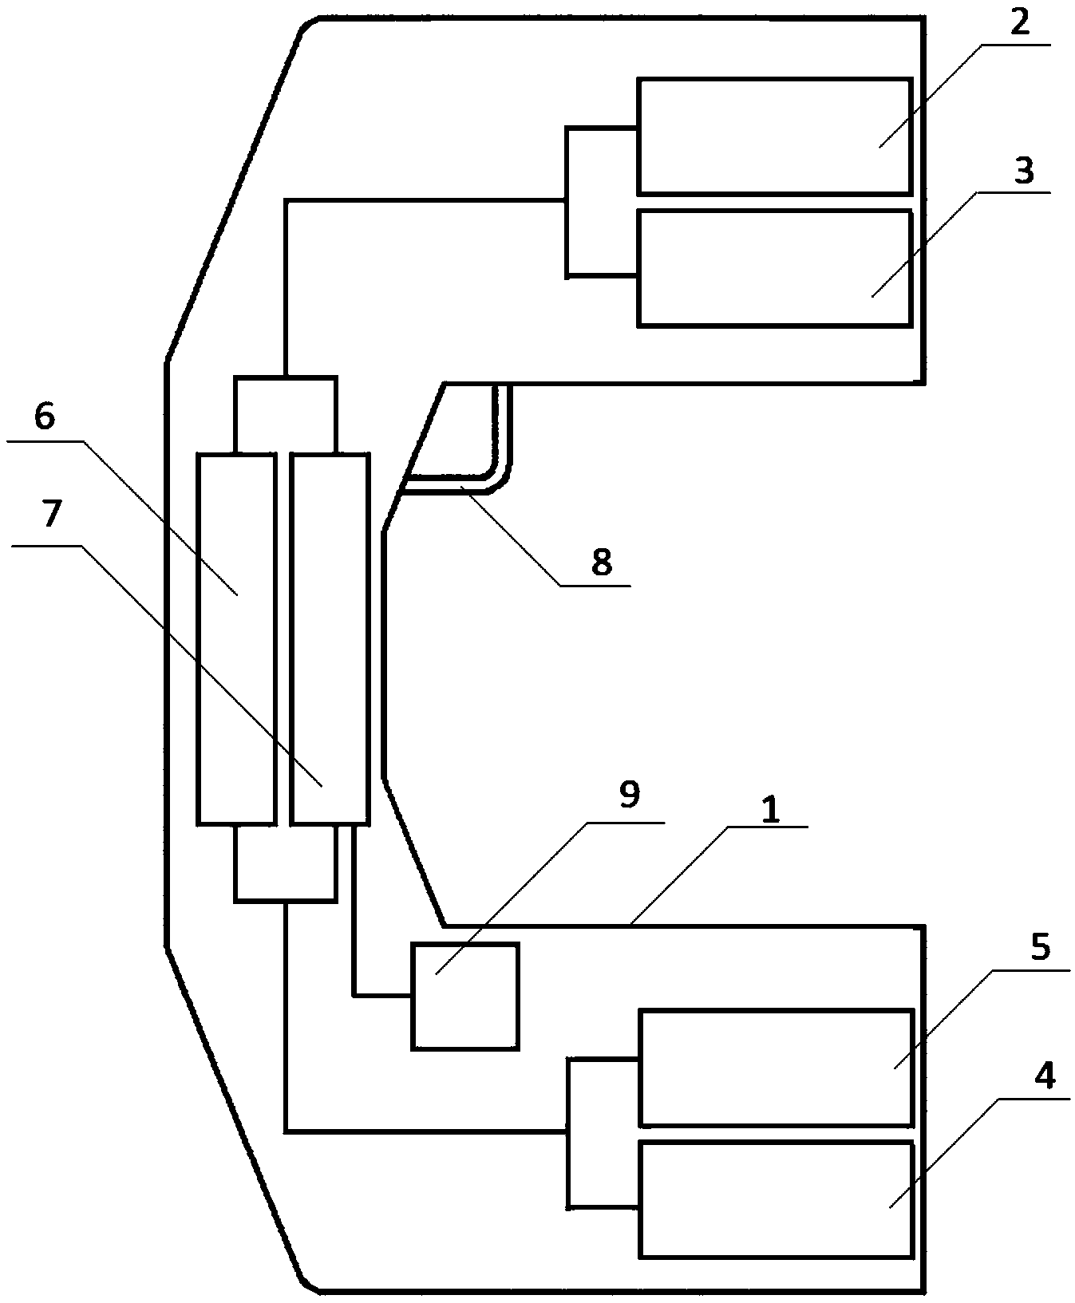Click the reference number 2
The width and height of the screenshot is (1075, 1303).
(1019, 24)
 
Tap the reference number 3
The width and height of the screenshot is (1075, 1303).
(1024, 171)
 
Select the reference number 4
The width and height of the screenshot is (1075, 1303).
(1044, 1076)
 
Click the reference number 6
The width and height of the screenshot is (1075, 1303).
(44, 417)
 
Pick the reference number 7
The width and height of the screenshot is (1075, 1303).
(50, 515)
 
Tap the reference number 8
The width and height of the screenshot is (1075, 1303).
(602, 562)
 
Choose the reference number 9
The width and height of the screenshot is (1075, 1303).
(629, 796)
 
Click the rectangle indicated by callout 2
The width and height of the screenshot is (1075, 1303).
(773, 136)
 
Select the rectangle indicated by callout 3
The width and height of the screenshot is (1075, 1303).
(773, 268)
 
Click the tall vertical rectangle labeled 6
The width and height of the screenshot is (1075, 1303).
(236, 638)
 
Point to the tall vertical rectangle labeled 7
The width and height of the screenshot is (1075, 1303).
(330, 638)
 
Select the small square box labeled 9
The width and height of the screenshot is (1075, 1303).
(465, 996)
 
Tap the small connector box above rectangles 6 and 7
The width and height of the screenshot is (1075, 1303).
(285, 415)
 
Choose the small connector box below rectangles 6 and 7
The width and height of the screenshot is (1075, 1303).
(285, 863)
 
